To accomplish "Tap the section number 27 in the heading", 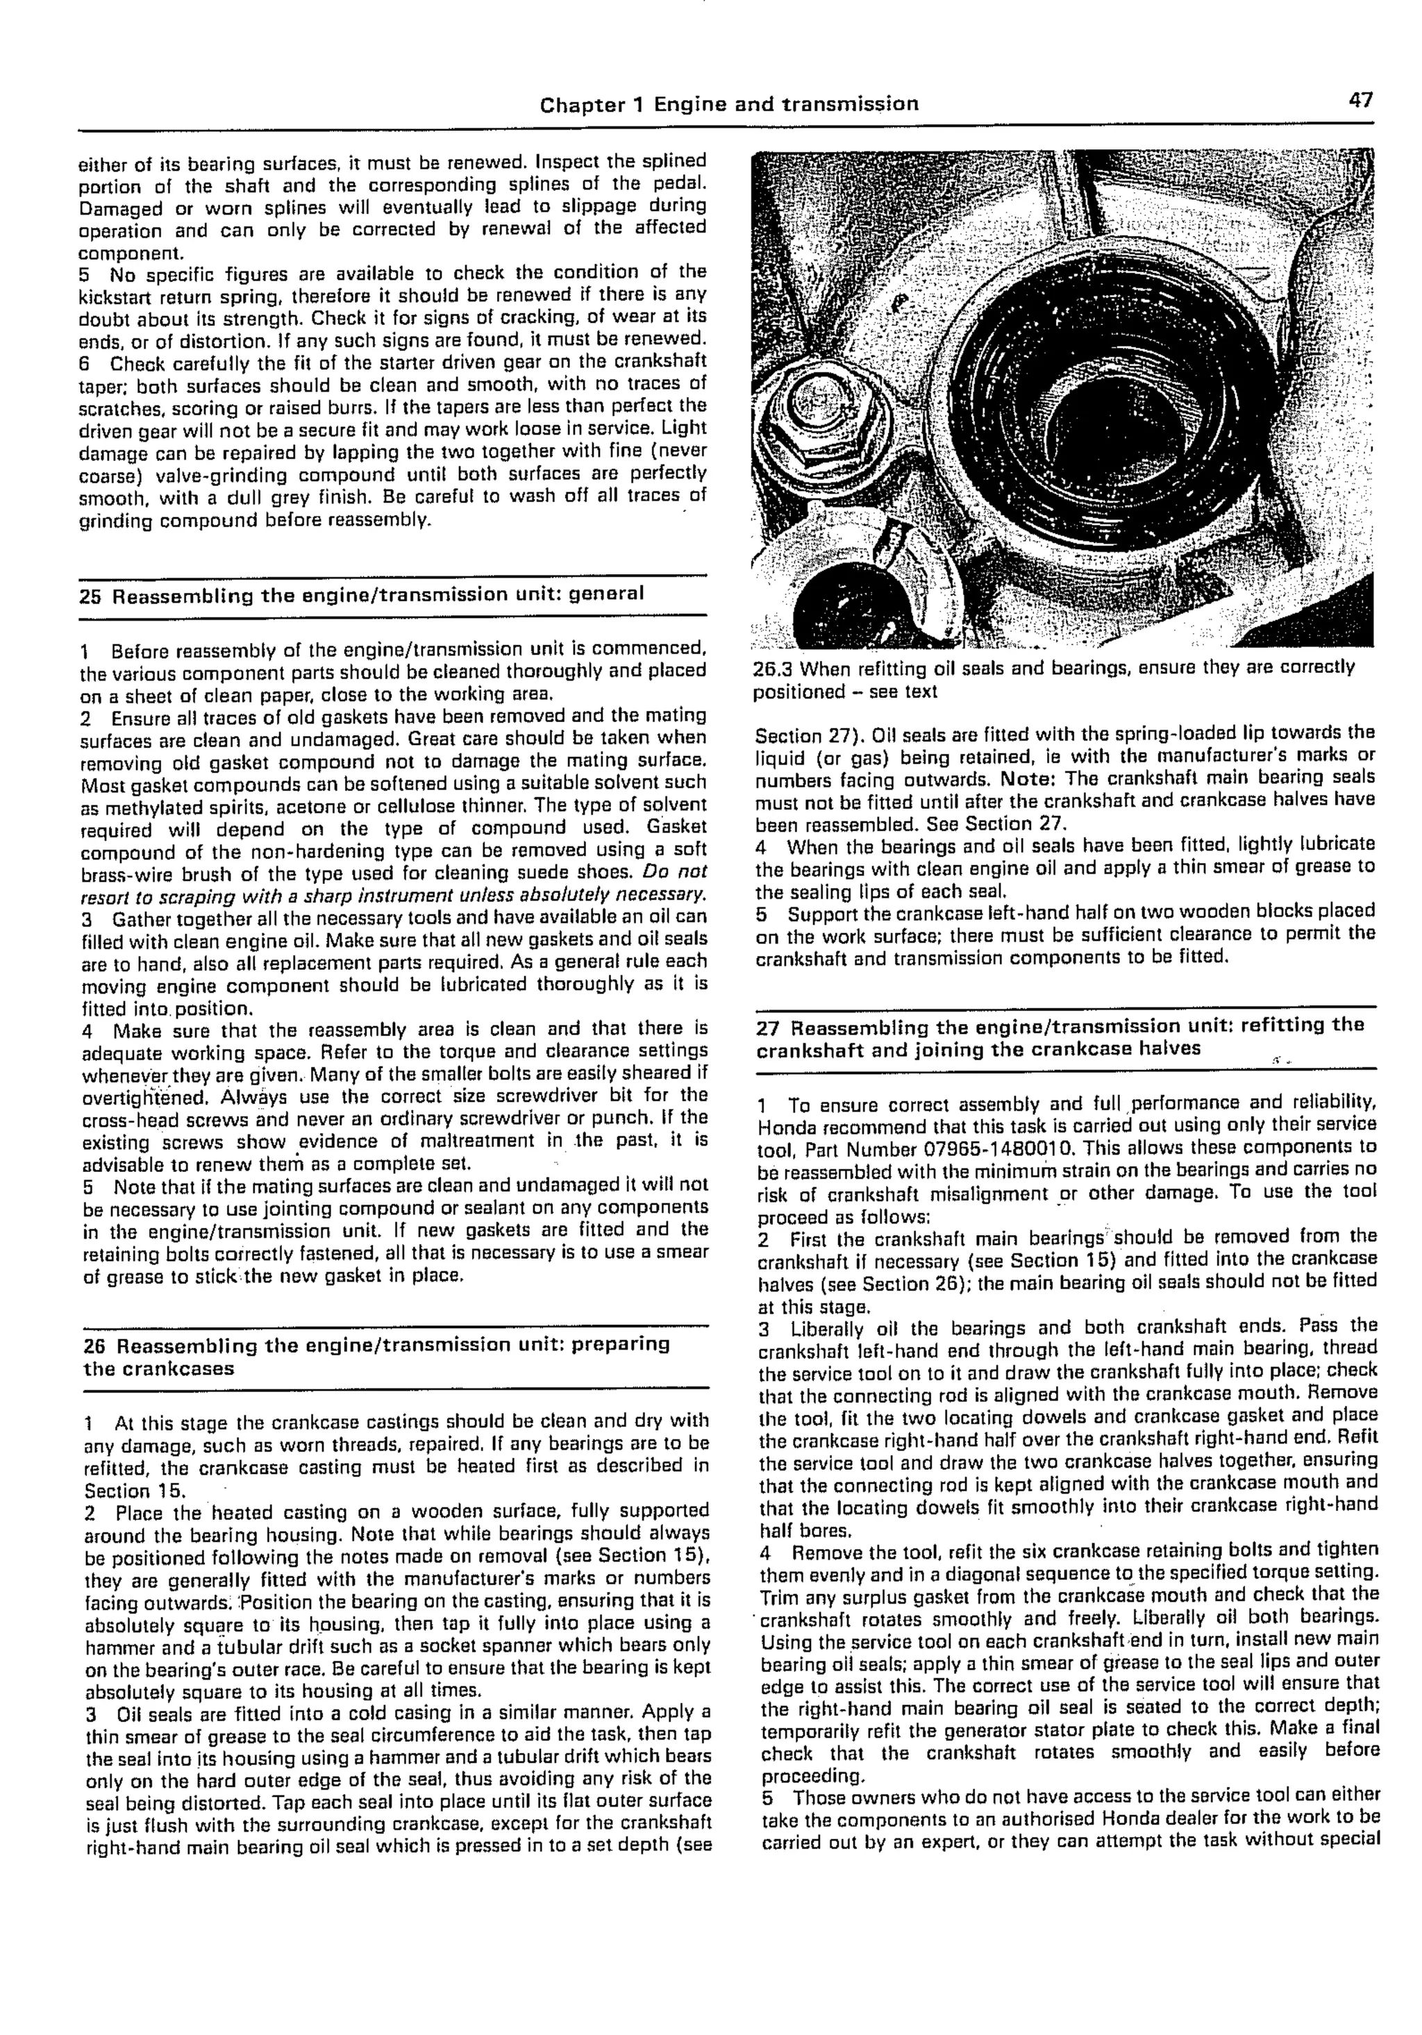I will pyautogui.click(x=768, y=1028).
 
